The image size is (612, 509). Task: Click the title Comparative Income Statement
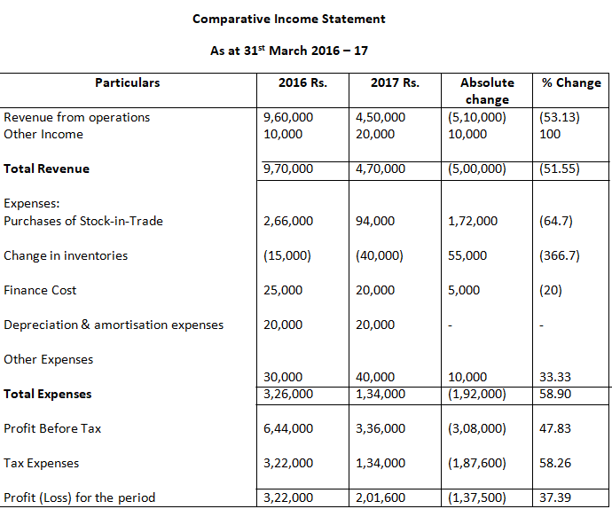click(289, 19)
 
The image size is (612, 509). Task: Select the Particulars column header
click(128, 82)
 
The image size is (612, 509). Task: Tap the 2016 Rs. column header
click(302, 83)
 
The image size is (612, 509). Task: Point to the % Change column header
click(571, 82)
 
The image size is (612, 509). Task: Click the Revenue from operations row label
click(77, 117)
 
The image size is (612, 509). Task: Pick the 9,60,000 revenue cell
click(288, 117)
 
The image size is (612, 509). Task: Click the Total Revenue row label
click(47, 168)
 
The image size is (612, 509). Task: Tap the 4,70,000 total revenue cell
click(381, 168)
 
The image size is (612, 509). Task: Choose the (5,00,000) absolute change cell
click(478, 168)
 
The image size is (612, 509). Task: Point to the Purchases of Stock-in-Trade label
click(83, 221)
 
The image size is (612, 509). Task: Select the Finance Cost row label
click(40, 290)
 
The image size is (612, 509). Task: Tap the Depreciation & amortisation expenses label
click(114, 325)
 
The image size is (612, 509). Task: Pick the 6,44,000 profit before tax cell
click(288, 428)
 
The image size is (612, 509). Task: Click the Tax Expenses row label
click(41, 463)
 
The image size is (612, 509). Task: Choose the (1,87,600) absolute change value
click(478, 463)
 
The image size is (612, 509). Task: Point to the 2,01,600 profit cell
click(381, 497)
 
